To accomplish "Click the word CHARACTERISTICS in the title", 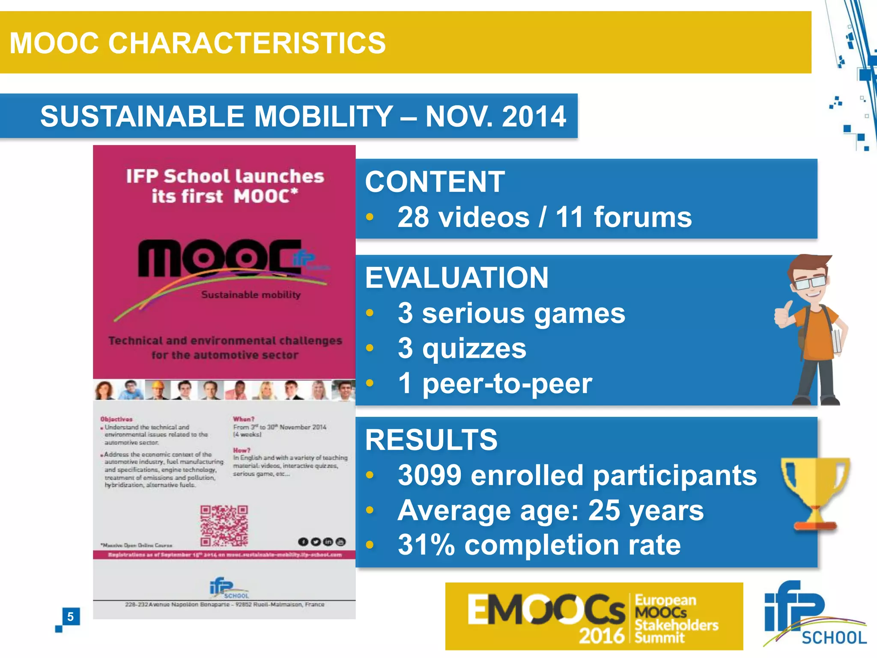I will [247, 43].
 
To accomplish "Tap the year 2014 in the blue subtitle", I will [534, 117].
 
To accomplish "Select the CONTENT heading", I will [435, 182].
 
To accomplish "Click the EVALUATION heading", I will [456, 278].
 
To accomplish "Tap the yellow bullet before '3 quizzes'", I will [370, 348].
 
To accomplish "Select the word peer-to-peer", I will [507, 383].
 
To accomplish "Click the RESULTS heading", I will [431, 440].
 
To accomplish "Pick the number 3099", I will [430, 475].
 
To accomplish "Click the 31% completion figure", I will [426, 545].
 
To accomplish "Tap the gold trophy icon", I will [815, 493].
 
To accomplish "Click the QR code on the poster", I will [224, 526].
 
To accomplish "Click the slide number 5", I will [71, 616].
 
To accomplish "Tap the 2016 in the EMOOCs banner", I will [601, 635].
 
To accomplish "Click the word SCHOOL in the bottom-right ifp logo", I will [834, 638].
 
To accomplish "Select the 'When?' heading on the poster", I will [244, 419].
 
